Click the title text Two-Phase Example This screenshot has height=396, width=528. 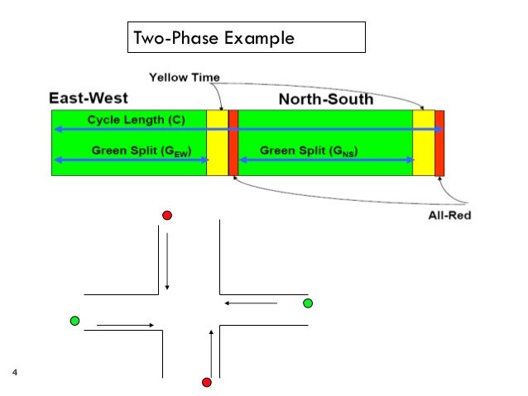214,38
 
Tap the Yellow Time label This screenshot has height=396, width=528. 184,78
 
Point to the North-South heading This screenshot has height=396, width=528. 325,100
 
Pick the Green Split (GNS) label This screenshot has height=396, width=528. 308,151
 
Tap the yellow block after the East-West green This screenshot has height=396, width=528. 217,142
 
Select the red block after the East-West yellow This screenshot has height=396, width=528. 233,142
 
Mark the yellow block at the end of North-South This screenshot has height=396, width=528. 423,142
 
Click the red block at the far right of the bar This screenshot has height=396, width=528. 439,142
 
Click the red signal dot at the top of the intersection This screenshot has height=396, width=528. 167,216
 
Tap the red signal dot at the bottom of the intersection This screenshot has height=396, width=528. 207,382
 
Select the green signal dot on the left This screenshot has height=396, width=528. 75,321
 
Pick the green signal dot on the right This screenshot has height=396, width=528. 308,304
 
